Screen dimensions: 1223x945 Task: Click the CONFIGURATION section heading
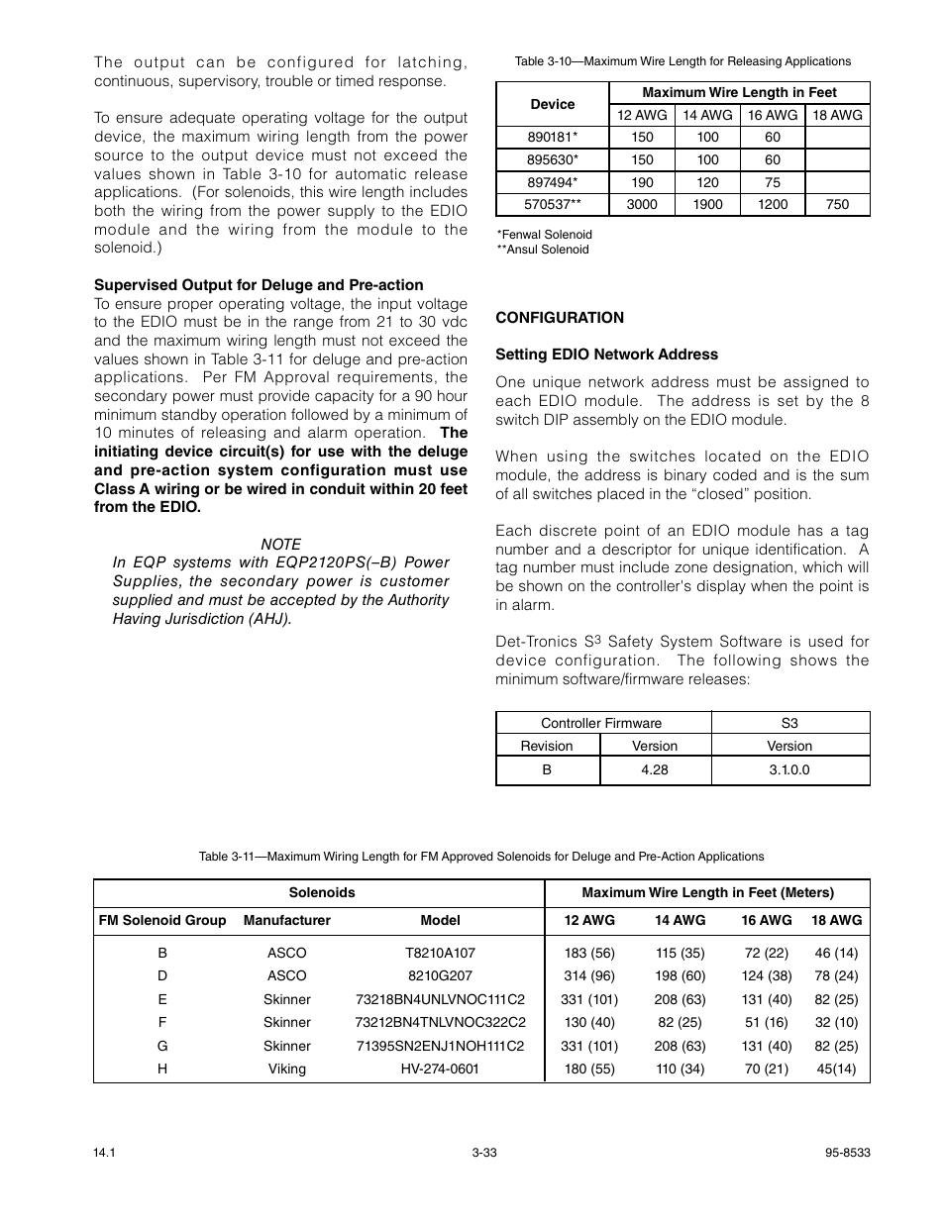[560, 318]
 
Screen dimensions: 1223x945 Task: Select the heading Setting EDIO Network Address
[606, 355]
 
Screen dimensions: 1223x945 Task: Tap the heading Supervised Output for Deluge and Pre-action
[259, 285]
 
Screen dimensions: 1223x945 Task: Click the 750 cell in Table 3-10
[837, 204]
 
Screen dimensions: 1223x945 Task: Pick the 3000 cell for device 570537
[642, 204]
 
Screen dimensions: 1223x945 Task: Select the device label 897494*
[552, 182]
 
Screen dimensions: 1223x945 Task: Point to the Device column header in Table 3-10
[552, 104]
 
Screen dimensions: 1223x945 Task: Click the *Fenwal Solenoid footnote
[545, 235]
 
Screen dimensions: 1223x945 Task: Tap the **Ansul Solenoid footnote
[543, 250]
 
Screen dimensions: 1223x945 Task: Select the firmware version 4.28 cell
[655, 769]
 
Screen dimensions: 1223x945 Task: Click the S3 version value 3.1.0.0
[789, 769]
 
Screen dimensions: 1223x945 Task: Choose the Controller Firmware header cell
[601, 723]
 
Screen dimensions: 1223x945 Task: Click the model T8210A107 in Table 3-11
[440, 953]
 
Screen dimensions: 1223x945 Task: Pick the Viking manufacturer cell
[286, 1069]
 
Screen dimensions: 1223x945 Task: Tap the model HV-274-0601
[440, 1069]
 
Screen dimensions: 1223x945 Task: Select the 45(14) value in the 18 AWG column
[836, 1069]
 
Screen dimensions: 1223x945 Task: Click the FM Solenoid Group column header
[162, 920]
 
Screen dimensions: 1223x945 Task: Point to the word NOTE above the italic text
[280, 545]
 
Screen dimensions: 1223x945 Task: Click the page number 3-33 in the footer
[483, 1153]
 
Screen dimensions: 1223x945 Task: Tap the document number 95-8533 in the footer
[847, 1153]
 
